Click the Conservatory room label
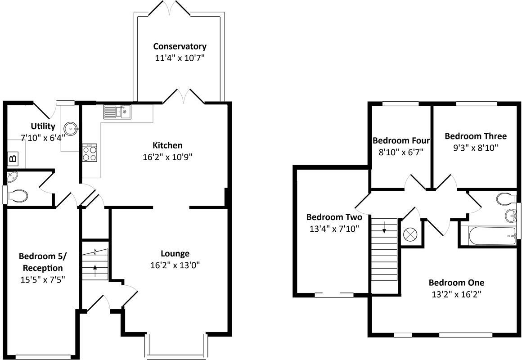tap(180, 46)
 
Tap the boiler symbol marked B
tap(13, 158)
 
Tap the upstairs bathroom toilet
tap(505, 198)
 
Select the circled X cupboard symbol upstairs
tap(410, 234)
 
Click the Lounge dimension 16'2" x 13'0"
tap(175, 265)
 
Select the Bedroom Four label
tap(401, 140)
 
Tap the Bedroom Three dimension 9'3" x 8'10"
tap(475, 147)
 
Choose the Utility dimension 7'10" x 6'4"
tap(43, 137)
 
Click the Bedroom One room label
tap(456, 283)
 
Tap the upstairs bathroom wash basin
tap(510, 216)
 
